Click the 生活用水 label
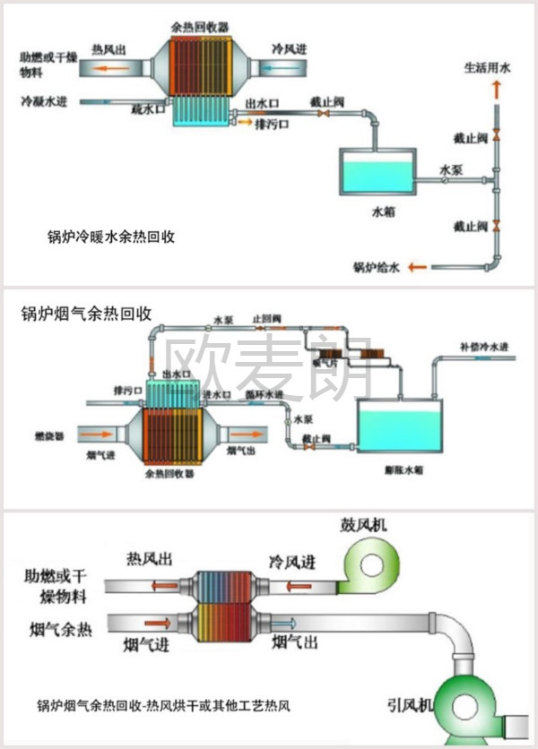(487, 67)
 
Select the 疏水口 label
(149, 109)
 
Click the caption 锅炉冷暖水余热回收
(110, 238)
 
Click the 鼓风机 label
(362, 524)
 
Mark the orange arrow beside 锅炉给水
(416, 266)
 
